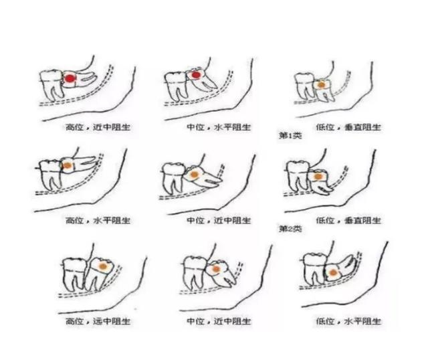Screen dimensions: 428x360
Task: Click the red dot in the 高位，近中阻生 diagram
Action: (70, 79)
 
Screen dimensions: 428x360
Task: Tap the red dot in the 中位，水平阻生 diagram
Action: (195, 75)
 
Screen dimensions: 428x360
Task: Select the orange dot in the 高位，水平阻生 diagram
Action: (68, 165)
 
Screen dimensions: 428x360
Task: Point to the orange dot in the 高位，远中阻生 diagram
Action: (102, 266)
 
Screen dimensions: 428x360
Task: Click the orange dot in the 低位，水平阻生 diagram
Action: (333, 272)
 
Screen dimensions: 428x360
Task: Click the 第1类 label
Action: (290, 135)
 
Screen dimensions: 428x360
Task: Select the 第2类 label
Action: (290, 228)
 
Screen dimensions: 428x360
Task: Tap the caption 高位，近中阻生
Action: (98, 127)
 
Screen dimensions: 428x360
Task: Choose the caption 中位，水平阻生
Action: (219, 127)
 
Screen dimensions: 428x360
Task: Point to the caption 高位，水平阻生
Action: (98, 220)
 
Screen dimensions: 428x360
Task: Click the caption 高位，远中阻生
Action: (98, 321)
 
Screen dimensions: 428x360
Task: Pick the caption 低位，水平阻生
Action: (348, 321)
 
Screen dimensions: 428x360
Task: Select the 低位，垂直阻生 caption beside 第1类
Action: (348, 127)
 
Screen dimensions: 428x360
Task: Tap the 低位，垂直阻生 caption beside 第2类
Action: (348, 220)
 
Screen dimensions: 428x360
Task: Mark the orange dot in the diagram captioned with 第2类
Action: (318, 177)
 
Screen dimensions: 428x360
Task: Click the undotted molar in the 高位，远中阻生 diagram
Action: (74, 274)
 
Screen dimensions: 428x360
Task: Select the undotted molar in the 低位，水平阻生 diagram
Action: (315, 269)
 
